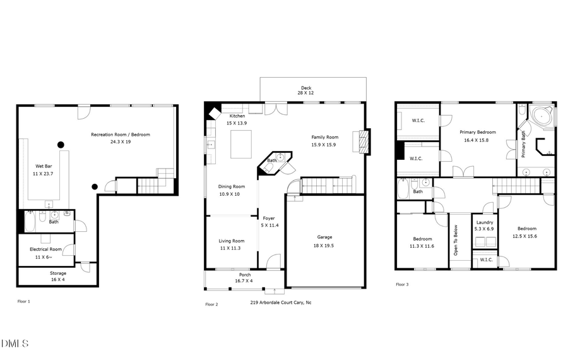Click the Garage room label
(324, 237)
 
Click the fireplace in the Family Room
(363, 142)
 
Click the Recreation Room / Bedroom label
(121, 135)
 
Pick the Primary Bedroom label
(477, 132)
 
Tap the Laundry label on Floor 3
(485, 222)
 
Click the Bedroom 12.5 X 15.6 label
(527, 229)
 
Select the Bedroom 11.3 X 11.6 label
(422, 239)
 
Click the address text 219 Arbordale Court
(281, 303)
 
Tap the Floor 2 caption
(211, 304)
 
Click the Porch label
(245, 275)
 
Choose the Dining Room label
(231, 186)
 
